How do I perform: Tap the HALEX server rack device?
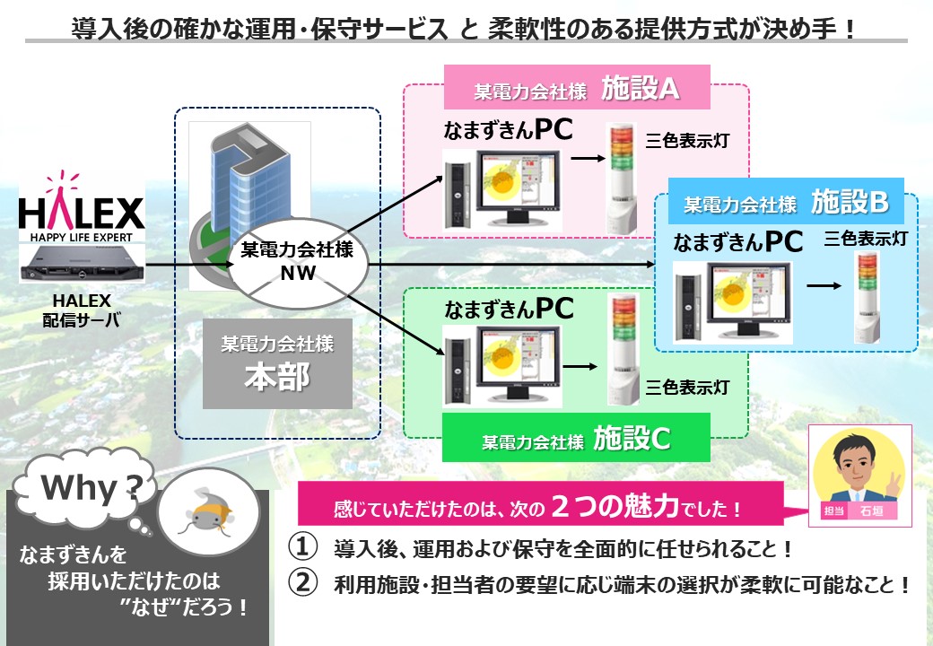pyautogui.click(x=81, y=262)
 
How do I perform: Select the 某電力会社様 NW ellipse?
pyautogui.click(x=295, y=262)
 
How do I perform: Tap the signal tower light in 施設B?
pyautogui.click(x=868, y=301)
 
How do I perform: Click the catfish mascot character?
pyautogui.click(x=208, y=516)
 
